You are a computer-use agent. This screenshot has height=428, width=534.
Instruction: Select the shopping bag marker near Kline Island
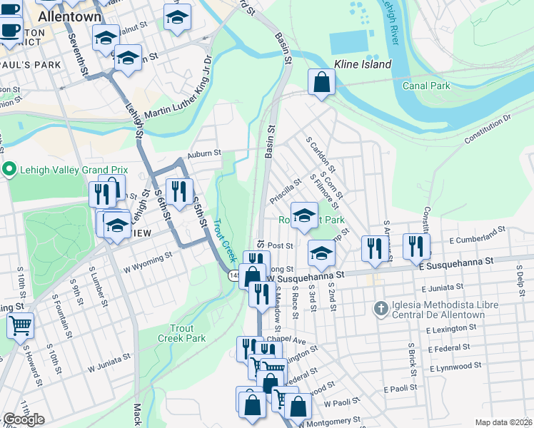(x=322, y=81)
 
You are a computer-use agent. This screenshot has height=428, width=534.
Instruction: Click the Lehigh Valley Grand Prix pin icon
(x=9, y=170)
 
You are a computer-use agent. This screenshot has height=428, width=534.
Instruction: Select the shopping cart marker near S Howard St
(x=20, y=325)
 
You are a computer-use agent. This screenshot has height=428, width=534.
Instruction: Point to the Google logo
(x=24, y=419)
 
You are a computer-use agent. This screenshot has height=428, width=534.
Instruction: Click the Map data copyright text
(x=504, y=422)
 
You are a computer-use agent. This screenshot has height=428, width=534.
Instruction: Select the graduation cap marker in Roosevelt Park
(x=304, y=215)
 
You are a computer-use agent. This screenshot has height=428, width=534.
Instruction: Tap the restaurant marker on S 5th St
(x=178, y=190)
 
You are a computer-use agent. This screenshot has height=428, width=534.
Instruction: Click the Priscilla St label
(x=287, y=193)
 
